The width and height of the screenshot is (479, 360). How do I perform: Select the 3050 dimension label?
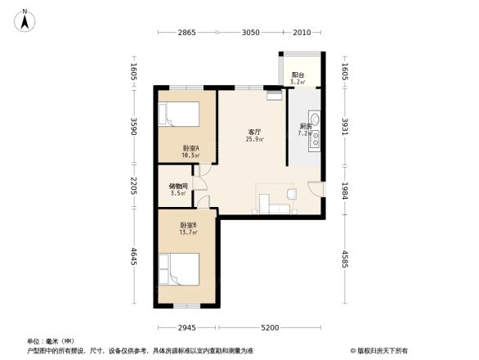(x=251, y=33)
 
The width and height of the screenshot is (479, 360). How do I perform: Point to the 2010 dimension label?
(x=302, y=33)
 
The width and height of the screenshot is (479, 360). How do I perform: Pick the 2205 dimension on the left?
(x=134, y=187)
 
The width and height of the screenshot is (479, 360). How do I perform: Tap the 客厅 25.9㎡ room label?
(x=254, y=136)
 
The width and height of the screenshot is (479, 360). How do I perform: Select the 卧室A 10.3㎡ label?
(x=190, y=151)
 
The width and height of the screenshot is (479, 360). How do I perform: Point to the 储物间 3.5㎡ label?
(x=177, y=190)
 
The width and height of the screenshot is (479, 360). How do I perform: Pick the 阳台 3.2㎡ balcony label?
(x=298, y=79)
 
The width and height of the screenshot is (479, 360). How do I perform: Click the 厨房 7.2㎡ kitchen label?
(x=304, y=129)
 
